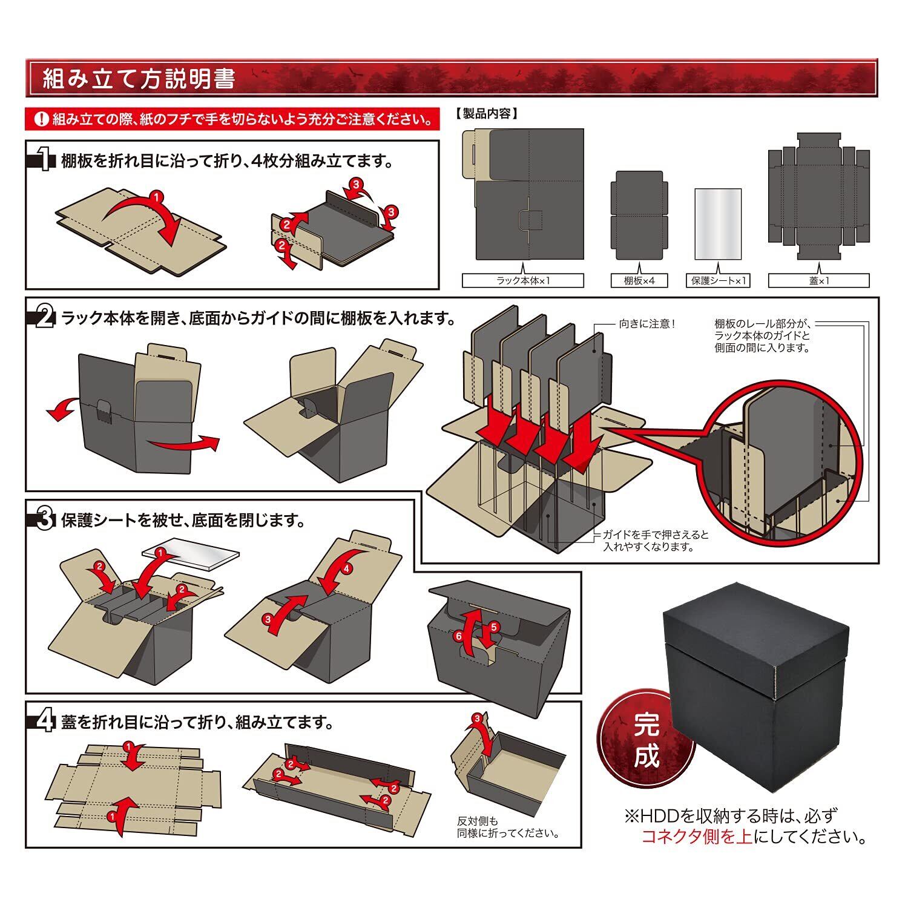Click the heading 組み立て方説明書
click(x=139, y=79)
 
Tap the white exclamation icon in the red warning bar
click(x=41, y=119)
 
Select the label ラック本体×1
click(x=522, y=281)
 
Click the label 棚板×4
click(x=639, y=281)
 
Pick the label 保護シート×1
click(x=718, y=281)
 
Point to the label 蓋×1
click(x=818, y=281)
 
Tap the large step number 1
click(x=44, y=161)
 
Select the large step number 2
click(x=44, y=317)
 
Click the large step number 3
click(x=44, y=519)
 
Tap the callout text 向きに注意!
click(x=647, y=324)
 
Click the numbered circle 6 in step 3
click(x=458, y=636)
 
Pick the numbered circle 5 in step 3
click(x=493, y=627)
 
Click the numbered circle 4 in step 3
click(x=346, y=569)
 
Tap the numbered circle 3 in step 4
click(x=477, y=718)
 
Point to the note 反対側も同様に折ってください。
click(x=507, y=827)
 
